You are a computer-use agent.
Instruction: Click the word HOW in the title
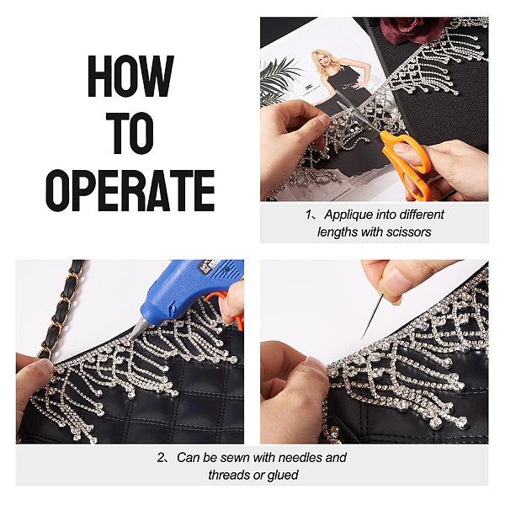130,76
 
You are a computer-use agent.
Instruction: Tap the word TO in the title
130,133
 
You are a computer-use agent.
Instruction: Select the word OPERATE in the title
130,190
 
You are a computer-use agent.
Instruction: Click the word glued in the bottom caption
284,475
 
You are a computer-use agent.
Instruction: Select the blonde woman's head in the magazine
322,59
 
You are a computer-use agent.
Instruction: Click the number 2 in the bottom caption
161,458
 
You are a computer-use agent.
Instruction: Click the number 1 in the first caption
309,215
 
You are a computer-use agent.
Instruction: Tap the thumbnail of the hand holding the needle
396,279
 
